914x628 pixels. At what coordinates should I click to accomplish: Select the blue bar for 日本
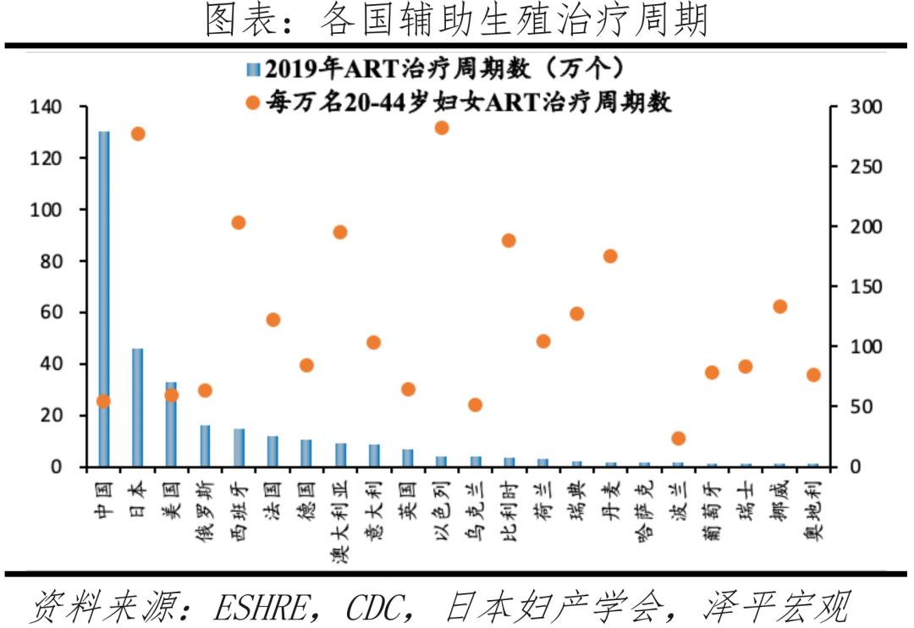coord(137,407)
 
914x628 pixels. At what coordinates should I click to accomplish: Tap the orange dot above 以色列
coord(441,128)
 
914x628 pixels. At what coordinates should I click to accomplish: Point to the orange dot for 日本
coord(138,134)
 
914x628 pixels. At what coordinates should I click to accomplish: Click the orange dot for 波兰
coord(678,438)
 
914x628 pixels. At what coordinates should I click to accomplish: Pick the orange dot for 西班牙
coord(239,223)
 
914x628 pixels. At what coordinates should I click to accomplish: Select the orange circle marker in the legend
coord(251,103)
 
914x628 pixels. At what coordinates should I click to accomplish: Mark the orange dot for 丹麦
coord(610,256)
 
